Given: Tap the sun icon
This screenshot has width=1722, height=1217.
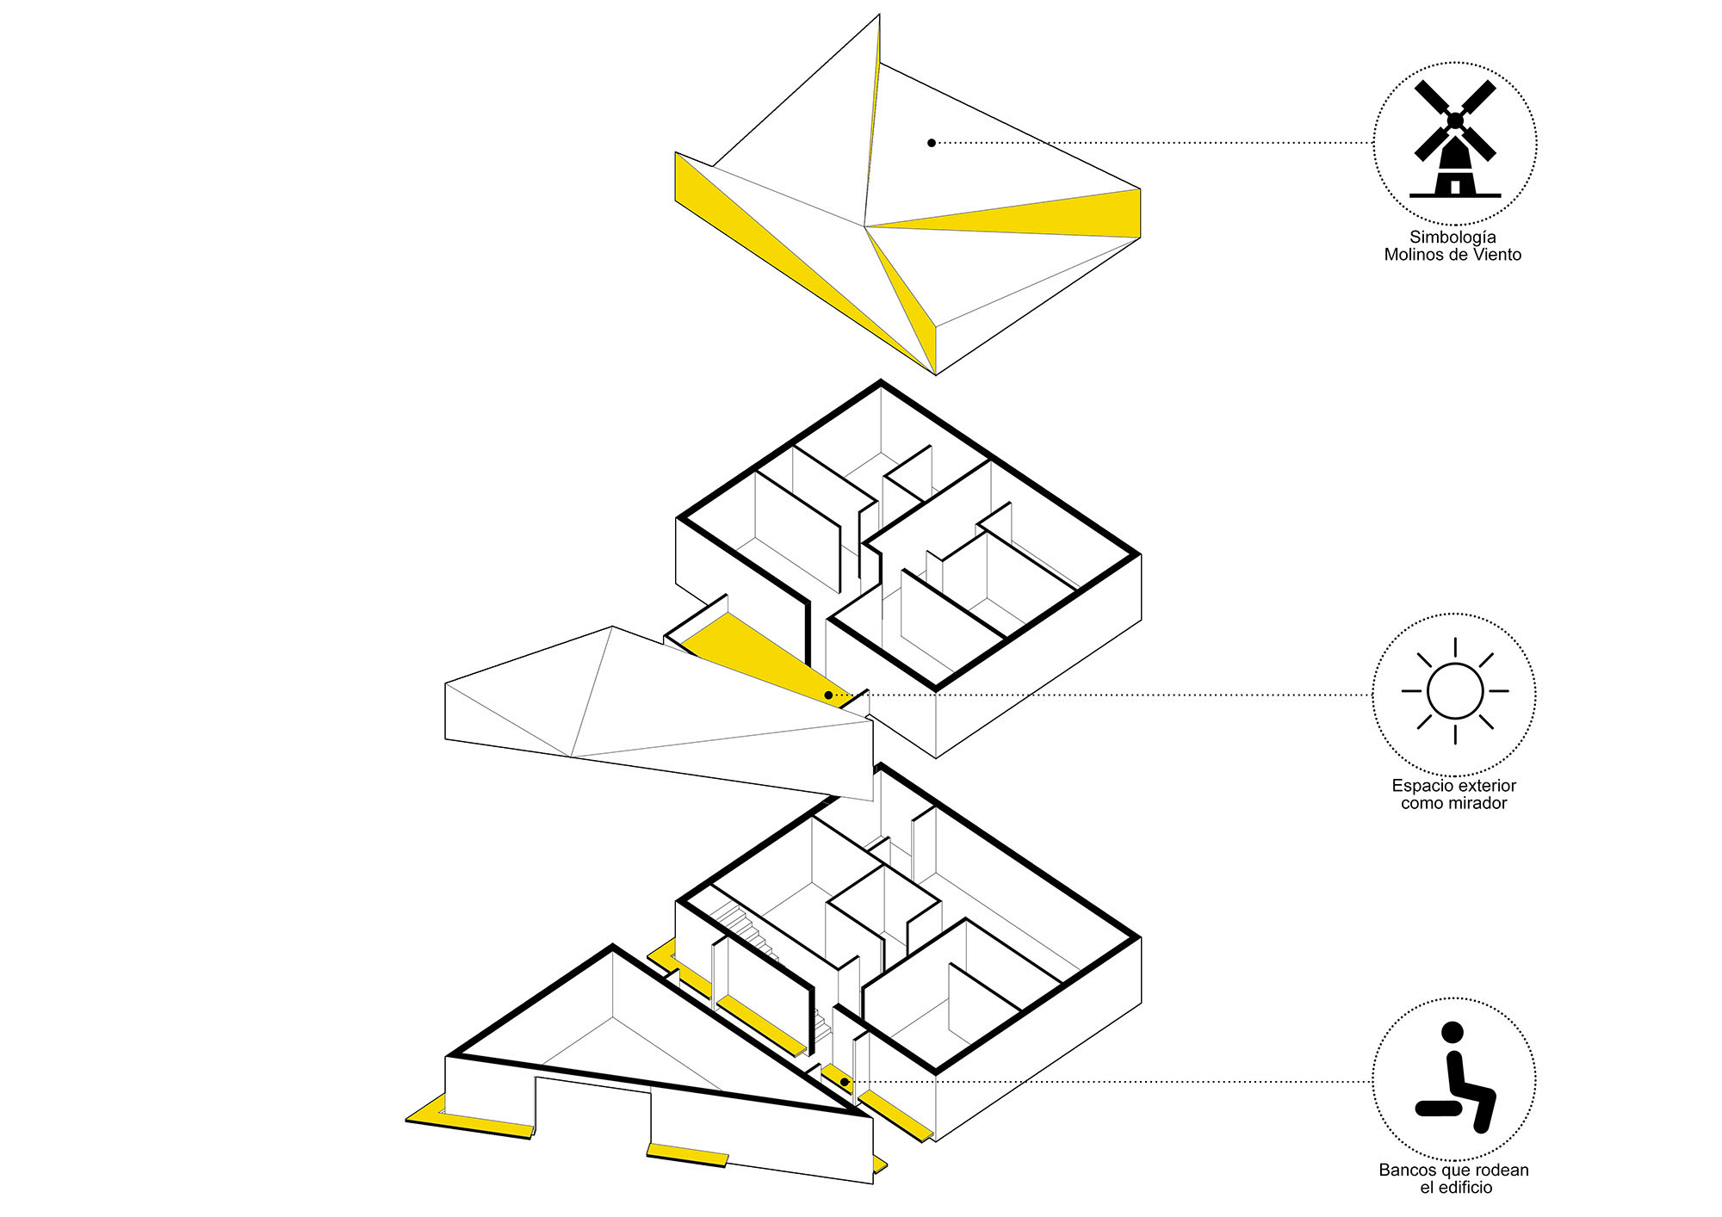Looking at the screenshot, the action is pos(1455,691).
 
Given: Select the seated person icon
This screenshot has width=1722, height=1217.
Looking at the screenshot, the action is pos(1455,1077).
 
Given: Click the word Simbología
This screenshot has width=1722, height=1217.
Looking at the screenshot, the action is pos(1453,237).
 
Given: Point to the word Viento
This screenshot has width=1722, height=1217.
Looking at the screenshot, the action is pos(1497,255).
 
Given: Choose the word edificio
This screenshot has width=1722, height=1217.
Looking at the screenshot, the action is pos(1466,1188).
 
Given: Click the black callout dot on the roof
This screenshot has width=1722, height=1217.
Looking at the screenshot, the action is pos(932,143).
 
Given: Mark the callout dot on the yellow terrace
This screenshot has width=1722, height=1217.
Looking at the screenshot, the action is pos(828,695).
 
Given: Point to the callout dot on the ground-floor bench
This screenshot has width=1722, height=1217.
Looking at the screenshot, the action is pos(845,1082).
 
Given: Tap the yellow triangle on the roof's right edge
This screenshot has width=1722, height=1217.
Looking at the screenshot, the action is pos(1033,215).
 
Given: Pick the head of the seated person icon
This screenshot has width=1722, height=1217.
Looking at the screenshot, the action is pos(1453,1032).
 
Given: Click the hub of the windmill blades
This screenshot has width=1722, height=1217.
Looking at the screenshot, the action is pos(1455,120).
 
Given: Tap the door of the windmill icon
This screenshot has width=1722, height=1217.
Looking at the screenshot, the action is pos(1455,186).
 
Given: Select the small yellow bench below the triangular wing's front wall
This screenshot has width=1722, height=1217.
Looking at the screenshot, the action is pos(687,1154).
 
